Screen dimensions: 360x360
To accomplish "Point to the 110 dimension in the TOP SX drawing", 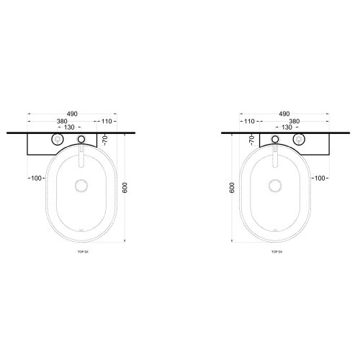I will click(x=109, y=120).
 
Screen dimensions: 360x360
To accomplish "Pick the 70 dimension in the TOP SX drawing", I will click(x=104, y=139).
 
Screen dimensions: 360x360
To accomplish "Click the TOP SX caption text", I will click(x=83, y=253).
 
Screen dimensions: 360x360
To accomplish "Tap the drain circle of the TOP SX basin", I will click(x=81, y=186).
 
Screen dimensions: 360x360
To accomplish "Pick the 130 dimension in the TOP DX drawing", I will click(x=287, y=127).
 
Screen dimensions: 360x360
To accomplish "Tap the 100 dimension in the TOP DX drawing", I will click(x=321, y=178).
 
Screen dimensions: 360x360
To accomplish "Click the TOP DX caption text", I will click(x=276, y=253).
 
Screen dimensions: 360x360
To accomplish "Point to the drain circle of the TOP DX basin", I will click(x=276, y=186).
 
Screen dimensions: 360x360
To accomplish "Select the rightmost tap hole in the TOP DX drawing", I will click(x=302, y=140).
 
